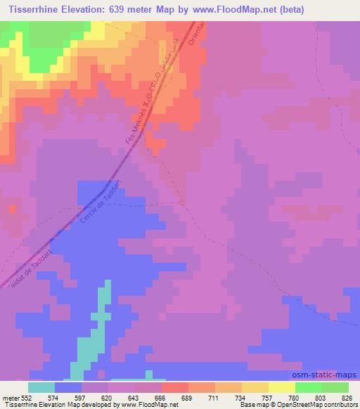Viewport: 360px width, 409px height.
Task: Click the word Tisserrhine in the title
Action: pyautogui.click(x=34, y=10)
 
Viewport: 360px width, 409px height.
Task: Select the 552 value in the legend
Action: pyautogui.click(x=25, y=397)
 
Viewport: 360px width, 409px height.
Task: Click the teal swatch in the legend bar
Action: pyautogui.click(x=41, y=387)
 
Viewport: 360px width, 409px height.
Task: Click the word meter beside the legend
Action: pyautogui.click(x=10, y=397)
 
